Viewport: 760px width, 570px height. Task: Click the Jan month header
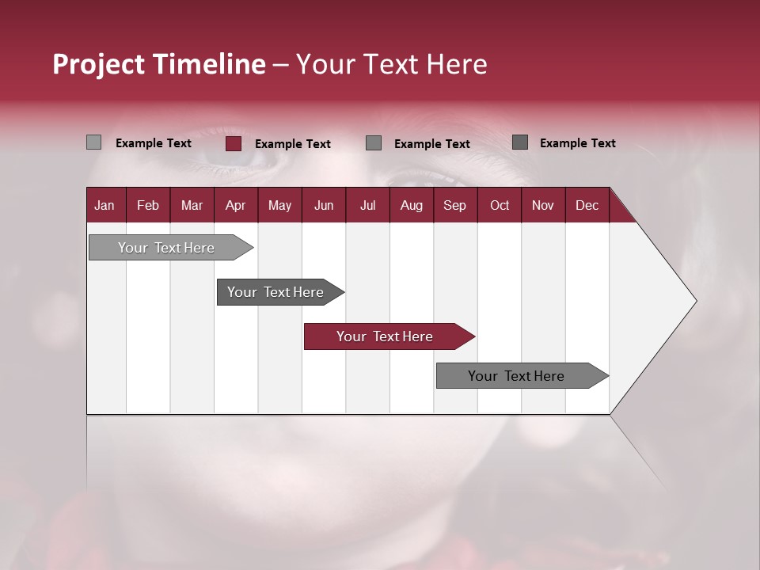coord(104,205)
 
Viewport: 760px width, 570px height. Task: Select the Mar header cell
coord(192,205)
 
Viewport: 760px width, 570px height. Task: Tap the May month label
coord(279,205)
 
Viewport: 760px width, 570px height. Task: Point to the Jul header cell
coord(367,205)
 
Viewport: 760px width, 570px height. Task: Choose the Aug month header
coord(411,205)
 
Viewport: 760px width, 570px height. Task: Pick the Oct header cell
coord(499,205)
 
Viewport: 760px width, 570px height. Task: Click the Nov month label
coord(542,205)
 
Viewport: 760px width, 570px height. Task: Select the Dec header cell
coord(587,205)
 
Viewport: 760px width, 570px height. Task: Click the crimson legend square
coord(234,143)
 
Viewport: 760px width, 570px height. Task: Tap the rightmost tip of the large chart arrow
coord(695,301)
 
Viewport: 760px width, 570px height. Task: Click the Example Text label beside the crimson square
coord(292,144)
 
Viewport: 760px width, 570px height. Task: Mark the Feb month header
coord(148,205)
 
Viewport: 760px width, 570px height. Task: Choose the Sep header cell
coord(454,205)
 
